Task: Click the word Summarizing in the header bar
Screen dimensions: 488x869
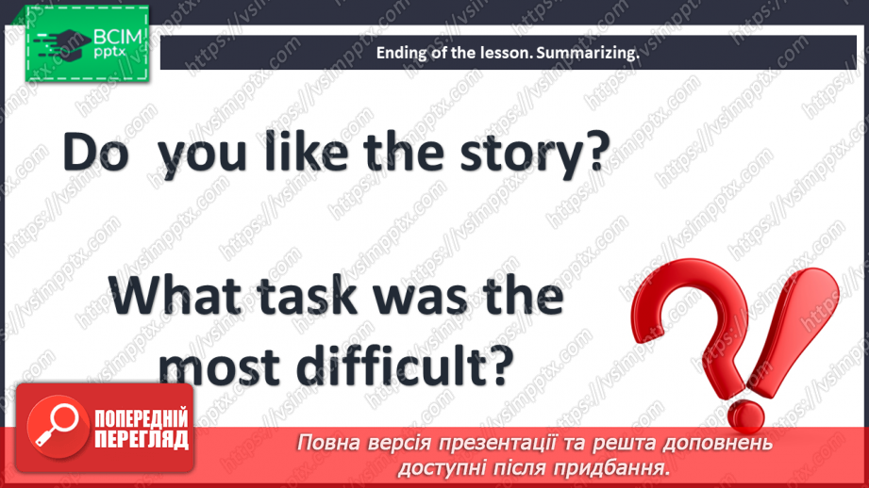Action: (x=587, y=54)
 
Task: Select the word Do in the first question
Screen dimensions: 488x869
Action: (x=96, y=153)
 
